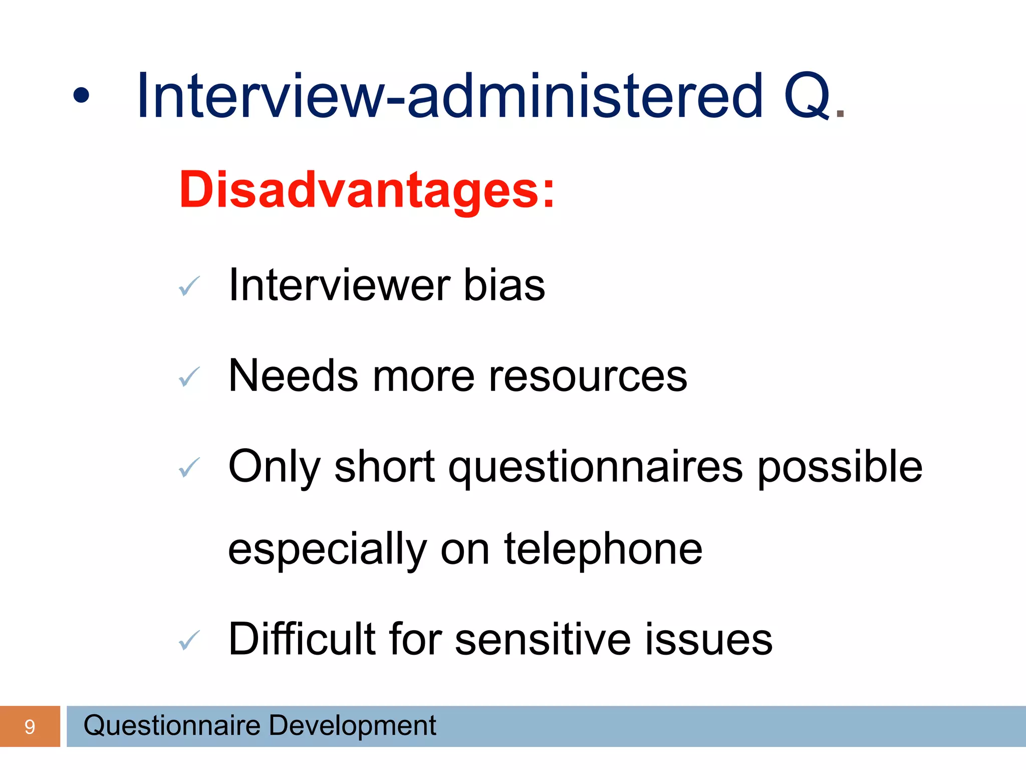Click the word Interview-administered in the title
[x=449, y=96]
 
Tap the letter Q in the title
[x=807, y=97]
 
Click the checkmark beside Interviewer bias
[x=189, y=286]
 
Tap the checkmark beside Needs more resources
[x=189, y=377]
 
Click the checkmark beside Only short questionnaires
[x=189, y=468]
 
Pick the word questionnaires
[x=595, y=468]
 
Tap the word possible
[x=840, y=468]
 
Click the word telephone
[x=603, y=549]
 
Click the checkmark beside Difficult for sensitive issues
[x=189, y=641]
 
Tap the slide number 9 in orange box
[x=30, y=727]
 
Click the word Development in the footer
[x=352, y=726]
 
